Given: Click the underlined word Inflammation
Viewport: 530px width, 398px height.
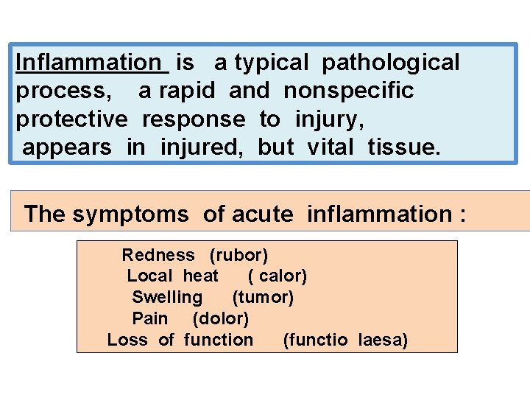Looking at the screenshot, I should click(92, 63).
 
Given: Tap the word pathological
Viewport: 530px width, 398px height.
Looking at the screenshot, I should click(390, 63).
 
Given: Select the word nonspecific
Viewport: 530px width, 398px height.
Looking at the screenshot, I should click(349, 91).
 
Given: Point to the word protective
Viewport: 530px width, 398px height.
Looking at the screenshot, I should click(71, 119).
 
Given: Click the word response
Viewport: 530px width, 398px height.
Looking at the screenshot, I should click(194, 119).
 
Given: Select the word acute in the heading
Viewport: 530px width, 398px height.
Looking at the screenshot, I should click(262, 214).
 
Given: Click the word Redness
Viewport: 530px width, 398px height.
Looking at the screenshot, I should click(158, 255).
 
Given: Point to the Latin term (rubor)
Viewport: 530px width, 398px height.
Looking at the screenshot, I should click(239, 255).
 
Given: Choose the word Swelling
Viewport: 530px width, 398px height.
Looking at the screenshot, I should click(167, 297).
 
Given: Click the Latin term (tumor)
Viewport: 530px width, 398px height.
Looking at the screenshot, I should click(263, 297).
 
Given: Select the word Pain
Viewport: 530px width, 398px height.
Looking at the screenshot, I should click(150, 318).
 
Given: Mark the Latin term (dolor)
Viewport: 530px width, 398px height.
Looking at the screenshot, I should click(221, 318).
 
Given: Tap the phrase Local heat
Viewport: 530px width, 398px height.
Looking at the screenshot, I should click(173, 276).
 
